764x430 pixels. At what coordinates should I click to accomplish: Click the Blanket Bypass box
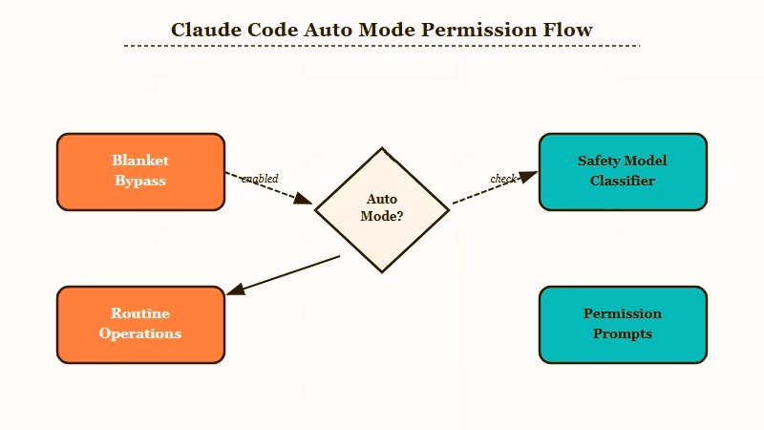(140, 171)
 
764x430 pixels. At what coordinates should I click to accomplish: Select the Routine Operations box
(140, 324)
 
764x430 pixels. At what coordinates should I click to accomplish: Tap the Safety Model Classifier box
(623, 171)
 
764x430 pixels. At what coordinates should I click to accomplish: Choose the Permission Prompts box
(623, 324)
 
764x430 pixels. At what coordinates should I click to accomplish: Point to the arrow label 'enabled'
(260, 179)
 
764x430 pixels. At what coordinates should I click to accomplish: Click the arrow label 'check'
(503, 179)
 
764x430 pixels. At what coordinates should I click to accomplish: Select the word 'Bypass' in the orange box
(140, 181)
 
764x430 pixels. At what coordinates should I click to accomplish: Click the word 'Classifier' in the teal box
(623, 181)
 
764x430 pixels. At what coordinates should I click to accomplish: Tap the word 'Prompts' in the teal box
(623, 333)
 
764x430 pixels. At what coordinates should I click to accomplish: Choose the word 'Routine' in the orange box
(140, 313)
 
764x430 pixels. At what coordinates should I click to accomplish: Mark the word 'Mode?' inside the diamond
(382, 217)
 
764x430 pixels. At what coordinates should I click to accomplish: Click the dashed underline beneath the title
(382, 45)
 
